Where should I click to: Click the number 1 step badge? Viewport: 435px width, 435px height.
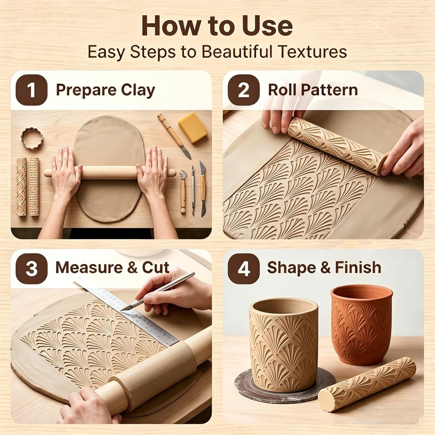[x=31, y=90]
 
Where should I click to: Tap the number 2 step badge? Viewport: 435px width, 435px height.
[x=244, y=90]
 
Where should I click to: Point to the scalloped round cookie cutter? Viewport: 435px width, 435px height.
[x=32, y=138]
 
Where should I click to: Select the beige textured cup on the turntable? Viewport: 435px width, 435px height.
[x=284, y=344]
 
